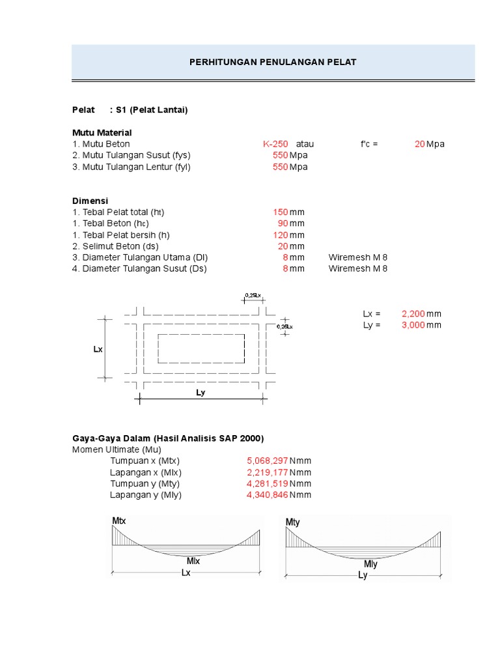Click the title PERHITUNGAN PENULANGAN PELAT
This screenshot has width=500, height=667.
coord(273,62)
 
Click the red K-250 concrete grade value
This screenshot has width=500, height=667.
coord(275,144)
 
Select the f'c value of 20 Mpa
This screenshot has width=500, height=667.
coord(430,144)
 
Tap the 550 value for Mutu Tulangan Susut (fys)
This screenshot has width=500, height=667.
coord(280,155)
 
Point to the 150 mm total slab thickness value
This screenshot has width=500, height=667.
coord(288,212)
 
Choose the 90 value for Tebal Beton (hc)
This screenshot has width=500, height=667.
coord(283,223)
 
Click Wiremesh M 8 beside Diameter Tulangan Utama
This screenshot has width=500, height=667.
coord(357,257)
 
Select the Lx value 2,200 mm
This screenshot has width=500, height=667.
coord(421,313)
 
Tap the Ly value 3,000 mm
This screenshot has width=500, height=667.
coord(421,325)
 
